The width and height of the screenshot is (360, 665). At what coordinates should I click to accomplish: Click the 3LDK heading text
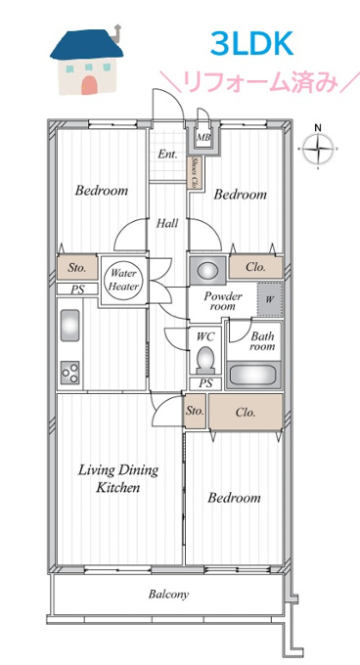pos(251,45)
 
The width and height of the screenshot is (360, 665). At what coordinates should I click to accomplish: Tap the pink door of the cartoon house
pos(89,84)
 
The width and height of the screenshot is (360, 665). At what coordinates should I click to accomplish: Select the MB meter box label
pos(203,137)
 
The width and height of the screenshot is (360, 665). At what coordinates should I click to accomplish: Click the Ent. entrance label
pos(167,155)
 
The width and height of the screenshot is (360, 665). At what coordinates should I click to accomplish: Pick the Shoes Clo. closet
pos(195,172)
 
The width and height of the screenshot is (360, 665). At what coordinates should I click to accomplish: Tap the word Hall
pos(167,223)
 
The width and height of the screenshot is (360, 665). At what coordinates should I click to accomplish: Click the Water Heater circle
pos(123,281)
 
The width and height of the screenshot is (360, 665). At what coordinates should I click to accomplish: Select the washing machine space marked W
pos(270,299)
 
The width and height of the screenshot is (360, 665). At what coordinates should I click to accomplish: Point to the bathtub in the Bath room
pos(253,375)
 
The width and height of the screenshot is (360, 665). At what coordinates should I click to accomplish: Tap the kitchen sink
pos(70,326)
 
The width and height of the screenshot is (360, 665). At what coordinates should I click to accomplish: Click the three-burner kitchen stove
pos(70,373)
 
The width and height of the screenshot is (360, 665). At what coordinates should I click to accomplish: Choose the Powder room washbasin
pos(207,269)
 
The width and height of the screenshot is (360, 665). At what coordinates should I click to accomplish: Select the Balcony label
pos(168,594)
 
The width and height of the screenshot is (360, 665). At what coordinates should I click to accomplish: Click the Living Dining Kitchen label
pos(117,479)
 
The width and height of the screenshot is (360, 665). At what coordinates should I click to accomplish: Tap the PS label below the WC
pos(205,384)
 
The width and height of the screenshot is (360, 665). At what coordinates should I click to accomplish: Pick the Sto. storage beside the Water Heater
pos(77,268)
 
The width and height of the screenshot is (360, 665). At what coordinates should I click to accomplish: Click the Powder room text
pos(223,300)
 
